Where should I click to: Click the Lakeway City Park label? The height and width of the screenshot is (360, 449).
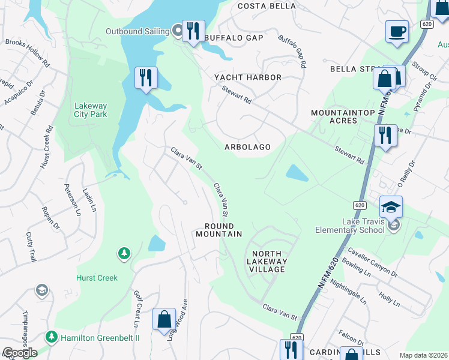click(91, 110)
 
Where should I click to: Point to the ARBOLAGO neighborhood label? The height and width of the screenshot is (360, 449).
click(247, 147)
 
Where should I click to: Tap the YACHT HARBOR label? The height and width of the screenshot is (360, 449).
click(248, 77)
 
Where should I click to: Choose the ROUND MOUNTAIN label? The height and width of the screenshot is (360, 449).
click(219, 230)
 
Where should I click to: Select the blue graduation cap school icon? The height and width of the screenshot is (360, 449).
click(391, 207)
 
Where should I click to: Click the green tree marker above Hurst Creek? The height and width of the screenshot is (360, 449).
click(124, 254)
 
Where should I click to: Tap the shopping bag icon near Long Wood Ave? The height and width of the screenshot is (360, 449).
click(164, 320)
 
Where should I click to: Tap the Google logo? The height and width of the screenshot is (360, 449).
click(19, 353)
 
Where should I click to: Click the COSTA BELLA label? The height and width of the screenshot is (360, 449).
click(267, 6)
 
